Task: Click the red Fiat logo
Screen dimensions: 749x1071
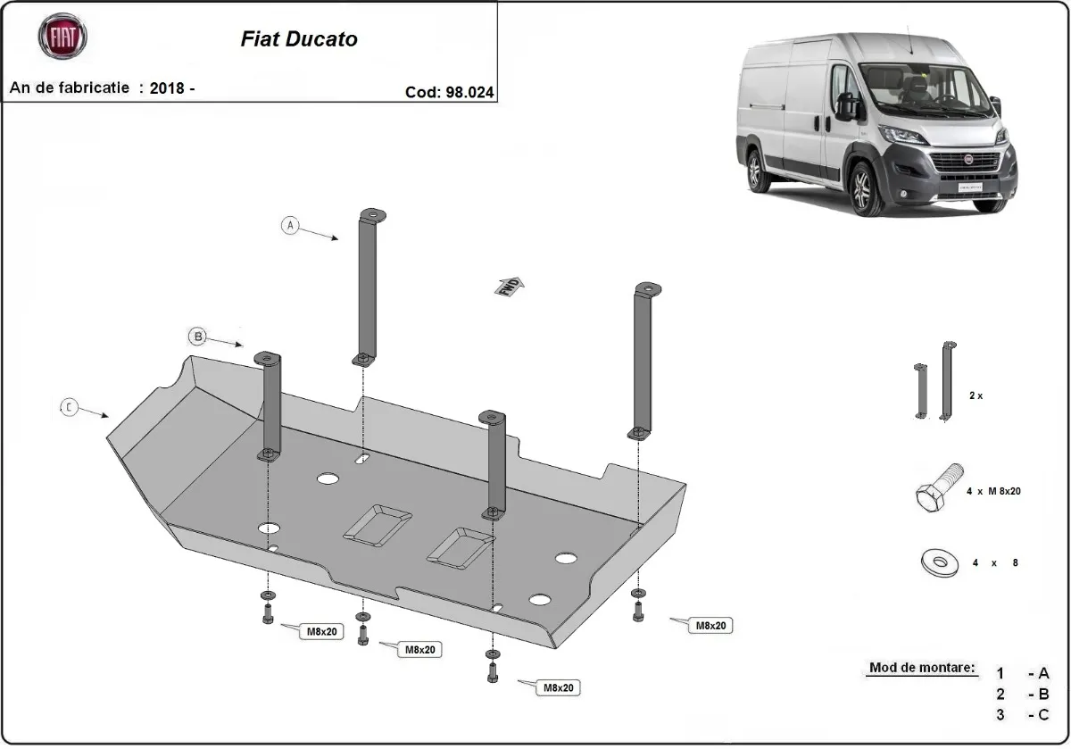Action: [62, 38]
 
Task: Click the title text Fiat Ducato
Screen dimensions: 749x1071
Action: [299, 39]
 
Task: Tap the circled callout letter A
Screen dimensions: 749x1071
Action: [289, 226]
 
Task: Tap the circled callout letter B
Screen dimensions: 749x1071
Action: [197, 337]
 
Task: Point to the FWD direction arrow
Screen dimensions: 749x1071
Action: [510, 287]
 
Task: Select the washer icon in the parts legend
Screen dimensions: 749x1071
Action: [938, 562]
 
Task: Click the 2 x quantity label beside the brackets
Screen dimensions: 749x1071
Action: [975, 395]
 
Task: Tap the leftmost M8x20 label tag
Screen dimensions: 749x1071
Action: [320, 632]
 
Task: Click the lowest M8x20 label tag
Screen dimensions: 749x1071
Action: [558, 688]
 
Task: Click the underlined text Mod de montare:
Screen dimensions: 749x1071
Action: [922, 668]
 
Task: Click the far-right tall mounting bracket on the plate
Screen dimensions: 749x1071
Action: [644, 357]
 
